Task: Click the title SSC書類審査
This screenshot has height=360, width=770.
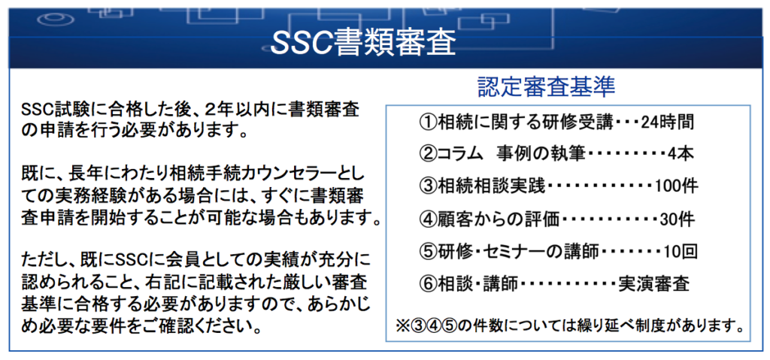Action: [363, 44]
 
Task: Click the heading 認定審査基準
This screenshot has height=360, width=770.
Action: [546, 87]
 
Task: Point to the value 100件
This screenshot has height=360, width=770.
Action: [676, 187]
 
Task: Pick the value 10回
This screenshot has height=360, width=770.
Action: [680, 252]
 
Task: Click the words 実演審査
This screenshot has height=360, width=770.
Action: [653, 284]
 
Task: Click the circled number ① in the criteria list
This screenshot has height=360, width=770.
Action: [427, 123]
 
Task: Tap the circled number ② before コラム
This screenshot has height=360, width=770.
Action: [427, 155]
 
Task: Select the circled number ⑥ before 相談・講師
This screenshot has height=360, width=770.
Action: [427, 284]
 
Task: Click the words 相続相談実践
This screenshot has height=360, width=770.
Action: [491, 187]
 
